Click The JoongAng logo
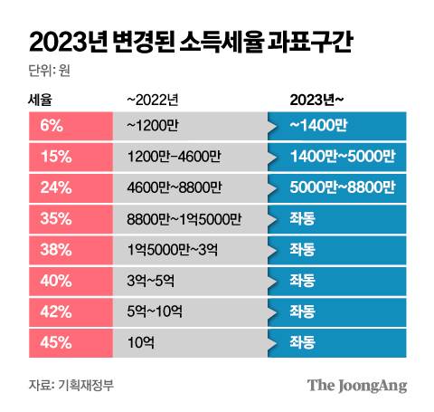(x=356, y=385)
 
